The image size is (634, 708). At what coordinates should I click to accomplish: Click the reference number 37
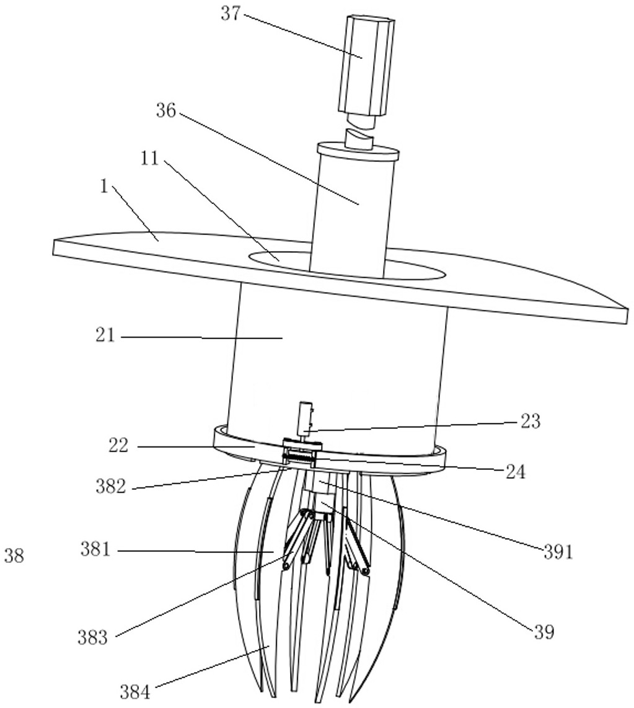[x=231, y=14]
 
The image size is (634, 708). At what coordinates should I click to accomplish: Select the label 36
[x=166, y=111]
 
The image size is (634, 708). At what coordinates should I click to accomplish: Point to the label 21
[x=105, y=335]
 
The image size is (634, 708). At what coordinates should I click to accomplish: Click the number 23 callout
[x=531, y=422]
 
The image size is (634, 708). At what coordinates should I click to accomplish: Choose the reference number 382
[x=111, y=487]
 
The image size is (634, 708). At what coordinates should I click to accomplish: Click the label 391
[x=558, y=552]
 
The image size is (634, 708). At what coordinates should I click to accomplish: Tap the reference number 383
[x=93, y=638]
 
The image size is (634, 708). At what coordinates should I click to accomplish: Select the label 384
[x=135, y=691]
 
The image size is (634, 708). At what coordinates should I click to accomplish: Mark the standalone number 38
[x=14, y=556]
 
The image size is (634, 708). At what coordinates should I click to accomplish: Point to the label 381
[x=95, y=549]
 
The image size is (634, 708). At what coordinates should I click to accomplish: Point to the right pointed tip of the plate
[x=625, y=308]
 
